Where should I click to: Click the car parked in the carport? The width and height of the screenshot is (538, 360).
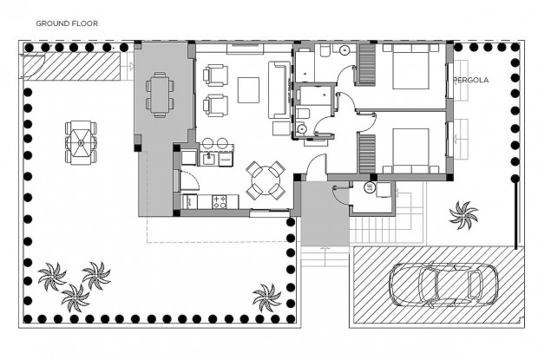(x=436, y=283)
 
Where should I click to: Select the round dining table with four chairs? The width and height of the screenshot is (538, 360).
(x=265, y=179)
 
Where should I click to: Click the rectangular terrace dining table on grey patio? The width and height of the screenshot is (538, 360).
(x=159, y=93)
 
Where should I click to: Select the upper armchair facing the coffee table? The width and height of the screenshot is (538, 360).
(x=215, y=76)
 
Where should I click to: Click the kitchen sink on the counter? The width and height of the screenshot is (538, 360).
(x=210, y=158)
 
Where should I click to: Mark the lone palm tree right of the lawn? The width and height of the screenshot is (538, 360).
(x=266, y=297)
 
